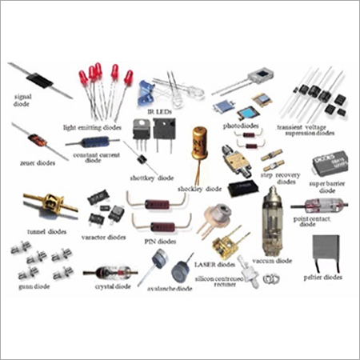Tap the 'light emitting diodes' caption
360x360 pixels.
pyautogui.click(x=94, y=126)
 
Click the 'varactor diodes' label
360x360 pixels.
pyautogui.click(x=104, y=238)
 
